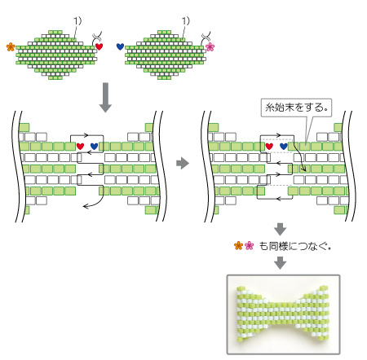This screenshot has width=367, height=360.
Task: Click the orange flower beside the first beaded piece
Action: click(x=11, y=47)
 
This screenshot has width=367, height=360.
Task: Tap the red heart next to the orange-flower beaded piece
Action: click(x=99, y=46)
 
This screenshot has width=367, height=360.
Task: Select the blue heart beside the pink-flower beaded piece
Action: click(x=120, y=46)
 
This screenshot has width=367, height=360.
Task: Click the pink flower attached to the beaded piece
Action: click(x=210, y=47)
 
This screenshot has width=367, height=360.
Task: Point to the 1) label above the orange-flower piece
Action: click(x=77, y=21)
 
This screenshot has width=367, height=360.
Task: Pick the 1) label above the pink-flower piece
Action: click(x=186, y=21)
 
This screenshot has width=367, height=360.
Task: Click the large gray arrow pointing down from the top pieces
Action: click(x=105, y=98)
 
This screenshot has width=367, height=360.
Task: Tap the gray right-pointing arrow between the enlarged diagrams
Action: click(x=183, y=163)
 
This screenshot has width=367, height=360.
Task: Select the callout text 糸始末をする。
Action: click(x=296, y=108)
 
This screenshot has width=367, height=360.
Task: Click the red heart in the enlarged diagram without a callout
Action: click(x=80, y=147)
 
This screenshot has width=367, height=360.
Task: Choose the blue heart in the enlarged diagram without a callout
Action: click(x=94, y=147)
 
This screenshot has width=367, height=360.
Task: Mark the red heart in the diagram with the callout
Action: click(x=269, y=147)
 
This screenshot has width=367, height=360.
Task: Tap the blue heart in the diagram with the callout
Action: click(x=284, y=147)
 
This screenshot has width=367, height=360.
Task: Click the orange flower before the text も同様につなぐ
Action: click(x=238, y=246)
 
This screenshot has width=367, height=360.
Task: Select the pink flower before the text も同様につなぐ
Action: click(x=249, y=246)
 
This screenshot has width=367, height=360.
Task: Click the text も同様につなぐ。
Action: click(x=295, y=246)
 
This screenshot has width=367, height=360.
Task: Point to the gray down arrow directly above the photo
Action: click(x=280, y=262)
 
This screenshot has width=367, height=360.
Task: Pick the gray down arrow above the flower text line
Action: click(x=280, y=229)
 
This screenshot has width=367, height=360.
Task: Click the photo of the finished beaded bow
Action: click(x=283, y=314)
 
